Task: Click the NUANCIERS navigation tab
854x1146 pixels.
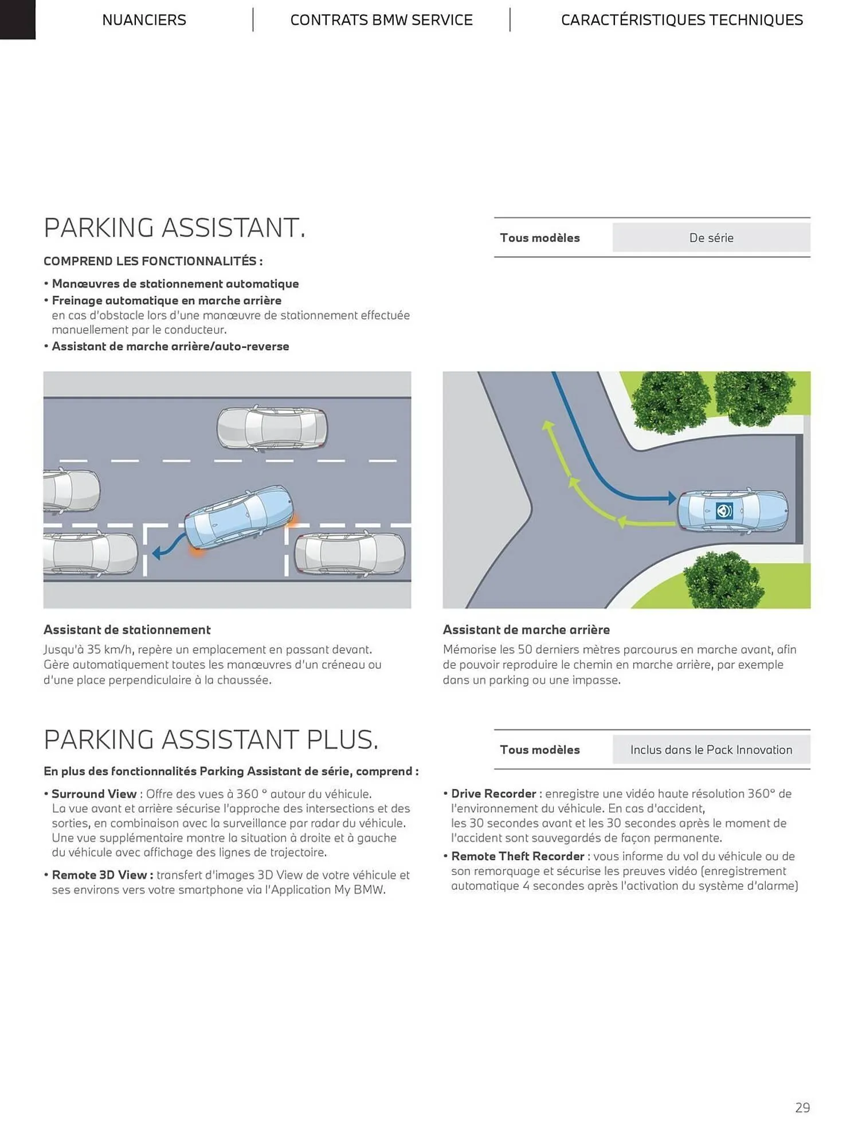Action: tap(144, 20)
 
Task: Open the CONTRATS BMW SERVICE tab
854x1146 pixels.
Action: tap(381, 20)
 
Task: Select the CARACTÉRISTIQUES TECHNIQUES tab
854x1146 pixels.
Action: tap(682, 20)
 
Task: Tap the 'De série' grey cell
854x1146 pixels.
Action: tap(711, 237)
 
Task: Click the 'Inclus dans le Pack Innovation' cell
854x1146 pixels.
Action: tap(711, 749)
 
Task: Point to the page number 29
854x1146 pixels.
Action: tap(802, 1108)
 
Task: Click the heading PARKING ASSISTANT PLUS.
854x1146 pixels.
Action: tap(211, 740)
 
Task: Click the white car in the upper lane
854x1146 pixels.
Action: tap(272, 428)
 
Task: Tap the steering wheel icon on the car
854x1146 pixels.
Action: tap(724, 510)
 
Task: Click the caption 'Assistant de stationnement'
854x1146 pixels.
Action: tap(127, 630)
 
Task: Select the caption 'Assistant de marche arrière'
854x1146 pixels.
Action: tap(526, 630)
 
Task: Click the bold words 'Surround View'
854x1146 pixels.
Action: tap(94, 794)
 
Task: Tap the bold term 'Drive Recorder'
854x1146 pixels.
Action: tap(493, 794)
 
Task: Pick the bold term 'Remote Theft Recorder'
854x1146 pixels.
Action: tap(518, 856)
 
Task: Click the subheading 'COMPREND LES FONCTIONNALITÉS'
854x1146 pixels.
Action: tap(150, 261)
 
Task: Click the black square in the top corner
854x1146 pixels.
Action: tap(18, 19)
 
